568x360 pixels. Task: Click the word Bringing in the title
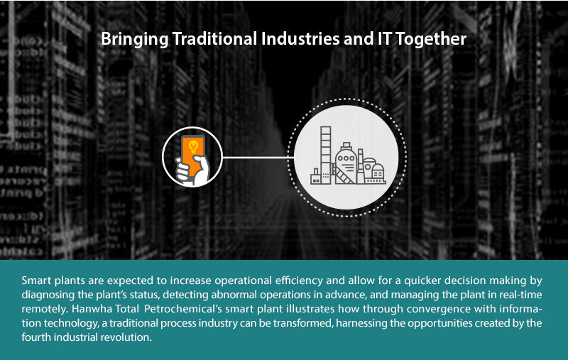(x=135, y=40)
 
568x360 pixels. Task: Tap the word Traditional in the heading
(x=215, y=38)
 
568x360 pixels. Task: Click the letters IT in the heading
(x=384, y=39)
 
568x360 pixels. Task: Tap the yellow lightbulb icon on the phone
(x=194, y=146)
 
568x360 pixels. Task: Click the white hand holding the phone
(x=193, y=170)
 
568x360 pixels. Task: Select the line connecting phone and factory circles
(x=258, y=158)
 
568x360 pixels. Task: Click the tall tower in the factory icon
(x=326, y=155)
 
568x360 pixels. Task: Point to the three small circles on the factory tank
(x=346, y=158)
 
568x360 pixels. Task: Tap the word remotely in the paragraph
(x=45, y=310)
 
